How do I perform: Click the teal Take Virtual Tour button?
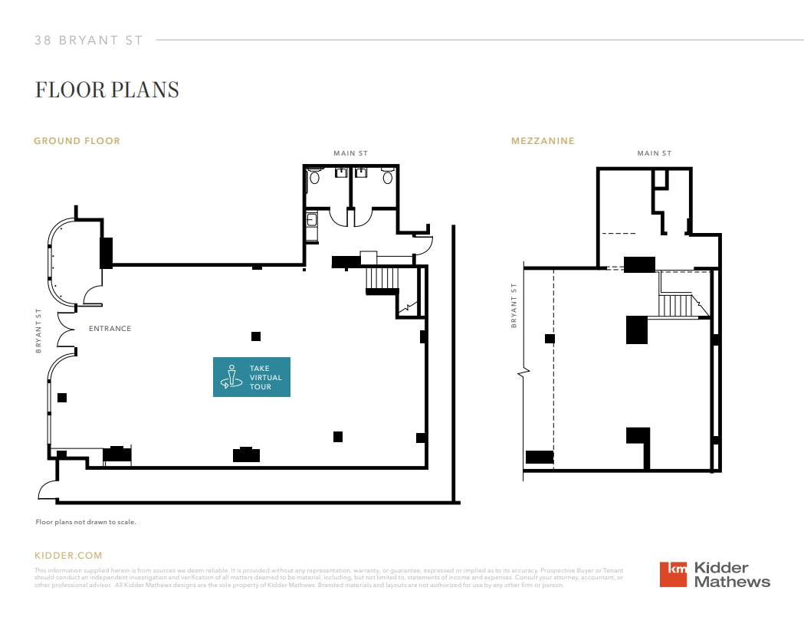[x=251, y=377]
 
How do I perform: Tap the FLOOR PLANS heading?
[x=107, y=90]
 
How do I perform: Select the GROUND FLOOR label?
[x=77, y=141]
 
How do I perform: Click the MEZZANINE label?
[x=543, y=141]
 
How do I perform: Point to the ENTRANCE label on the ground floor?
[x=110, y=329]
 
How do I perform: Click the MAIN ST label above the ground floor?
[x=350, y=153]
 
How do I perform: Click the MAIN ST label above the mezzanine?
[x=654, y=153]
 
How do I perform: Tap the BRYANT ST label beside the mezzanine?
[x=514, y=305]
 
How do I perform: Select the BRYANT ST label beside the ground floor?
[x=38, y=331]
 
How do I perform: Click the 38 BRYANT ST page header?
[x=89, y=41]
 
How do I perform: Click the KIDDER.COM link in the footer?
[x=68, y=556]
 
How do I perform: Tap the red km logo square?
[x=674, y=574]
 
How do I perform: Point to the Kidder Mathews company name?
[x=731, y=575]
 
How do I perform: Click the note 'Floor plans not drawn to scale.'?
[x=86, y=522]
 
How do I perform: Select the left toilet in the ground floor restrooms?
[x=313, y=178]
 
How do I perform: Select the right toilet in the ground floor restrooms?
[x=388, y=178]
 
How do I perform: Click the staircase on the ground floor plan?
[x=381, y=279]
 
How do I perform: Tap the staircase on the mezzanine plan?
[x=677, y=305]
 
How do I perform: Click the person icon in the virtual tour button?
[x=231, y=376]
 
